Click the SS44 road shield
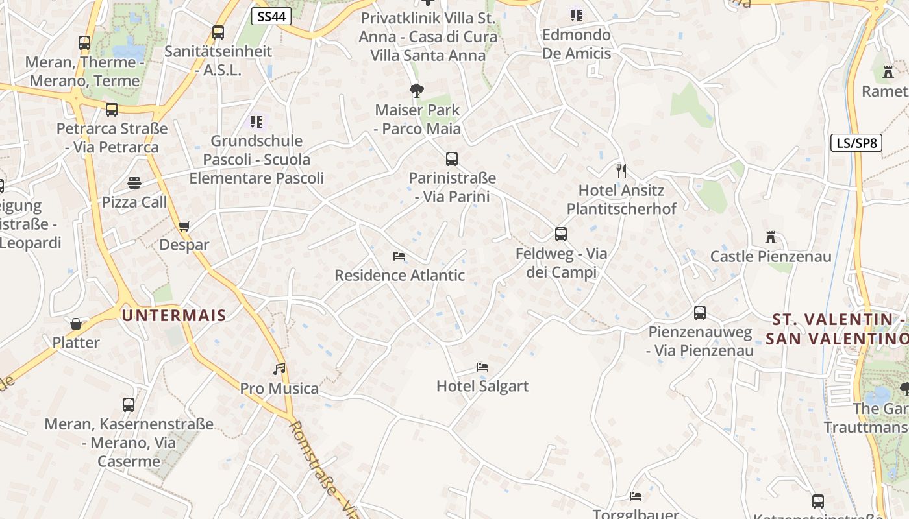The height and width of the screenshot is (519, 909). pyautogui.click(x=271, y=16)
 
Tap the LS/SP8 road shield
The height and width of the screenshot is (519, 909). pyautogui.click(x=856, y=143)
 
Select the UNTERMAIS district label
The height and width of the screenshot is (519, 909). pyautogui.click(x=174, y=316)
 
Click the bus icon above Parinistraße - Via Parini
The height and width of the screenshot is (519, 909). pyautogui.click(x=452, y=158)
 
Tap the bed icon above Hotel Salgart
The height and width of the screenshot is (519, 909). pyautogui.click(x=482, y=367)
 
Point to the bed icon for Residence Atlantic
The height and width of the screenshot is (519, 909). pyautogui.click(x=399, y=256)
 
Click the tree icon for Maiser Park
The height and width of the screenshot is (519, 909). pyautogui.click(x=417, y=90)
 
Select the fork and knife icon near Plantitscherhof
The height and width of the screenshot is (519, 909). pyautogui.click(x=621, y=171)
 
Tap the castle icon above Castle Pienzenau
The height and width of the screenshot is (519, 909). pyautogui.click(x=771, y=237)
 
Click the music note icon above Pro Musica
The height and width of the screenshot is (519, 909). pyautogui.click(x=279, y=368)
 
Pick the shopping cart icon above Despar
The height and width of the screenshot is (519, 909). pyautogui.click(x=184, y=226)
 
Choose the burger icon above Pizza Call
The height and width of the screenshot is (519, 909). pyautogui.click(x=134, y=183)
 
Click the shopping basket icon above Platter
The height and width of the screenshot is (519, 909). pyautogui.click(x=76, y=323)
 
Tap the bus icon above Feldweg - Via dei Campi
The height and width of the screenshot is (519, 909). pyautogui.click(x=561, y=234)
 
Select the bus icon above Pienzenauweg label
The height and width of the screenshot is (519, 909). pyautogui.click(x=700, y=313)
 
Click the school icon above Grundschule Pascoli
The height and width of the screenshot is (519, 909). pyautogui.click(x=256, y=121)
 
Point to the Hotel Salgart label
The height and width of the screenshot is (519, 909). pyautogui.click(x=482, y=387)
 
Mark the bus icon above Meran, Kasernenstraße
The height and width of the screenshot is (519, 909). pyautogui.click(x=129, y=405)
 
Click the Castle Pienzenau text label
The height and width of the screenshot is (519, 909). pyautogui.click(x=771, y=256)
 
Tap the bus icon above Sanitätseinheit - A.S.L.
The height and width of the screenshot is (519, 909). pyautogui.click(x=218, y=32)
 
